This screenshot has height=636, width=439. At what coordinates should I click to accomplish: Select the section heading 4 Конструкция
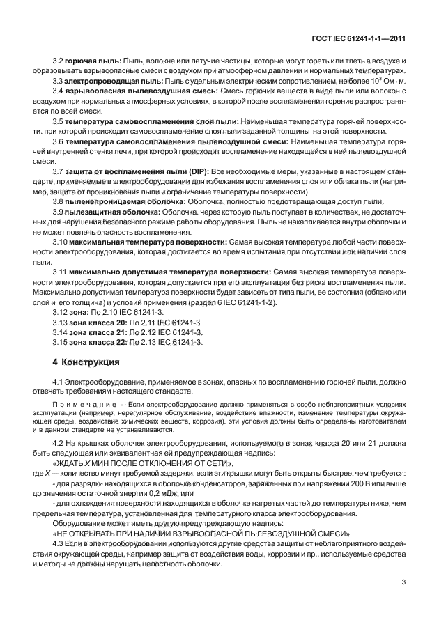pos(87,362)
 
